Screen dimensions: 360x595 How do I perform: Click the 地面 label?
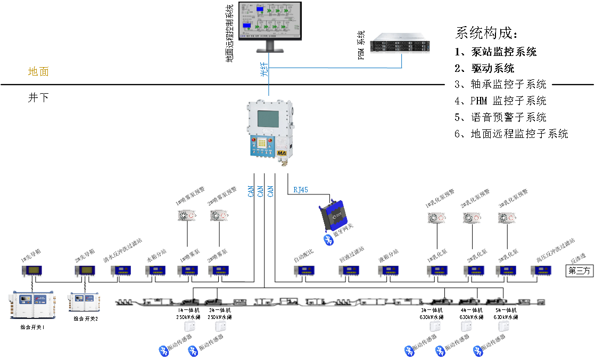[38, 71]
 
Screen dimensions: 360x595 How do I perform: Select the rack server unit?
[400, 43]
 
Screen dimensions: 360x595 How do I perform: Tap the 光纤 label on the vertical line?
[265, 70]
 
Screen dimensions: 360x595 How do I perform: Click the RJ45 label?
[301, 190]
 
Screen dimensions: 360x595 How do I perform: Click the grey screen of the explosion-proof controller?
[269, 119]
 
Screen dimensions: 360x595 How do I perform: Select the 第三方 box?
[579, 271]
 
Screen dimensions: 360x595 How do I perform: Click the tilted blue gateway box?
[333, 215]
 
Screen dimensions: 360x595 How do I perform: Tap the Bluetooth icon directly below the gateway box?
[329, 240]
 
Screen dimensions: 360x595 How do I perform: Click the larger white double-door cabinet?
[32, 304]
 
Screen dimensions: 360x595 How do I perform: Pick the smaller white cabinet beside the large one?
[84, 301]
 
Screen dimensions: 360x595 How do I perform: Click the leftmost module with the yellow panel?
[32, 271]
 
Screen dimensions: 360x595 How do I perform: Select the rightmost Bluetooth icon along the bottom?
[478, 351]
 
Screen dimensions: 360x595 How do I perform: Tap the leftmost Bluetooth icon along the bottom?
[164, 351]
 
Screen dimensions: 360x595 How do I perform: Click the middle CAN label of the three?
[260, 191]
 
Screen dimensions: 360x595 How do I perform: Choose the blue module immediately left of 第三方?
[541, 271]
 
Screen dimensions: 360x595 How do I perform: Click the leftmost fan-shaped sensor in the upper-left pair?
[187, 216]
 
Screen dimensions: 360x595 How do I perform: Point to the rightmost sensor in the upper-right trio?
[507, 218]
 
